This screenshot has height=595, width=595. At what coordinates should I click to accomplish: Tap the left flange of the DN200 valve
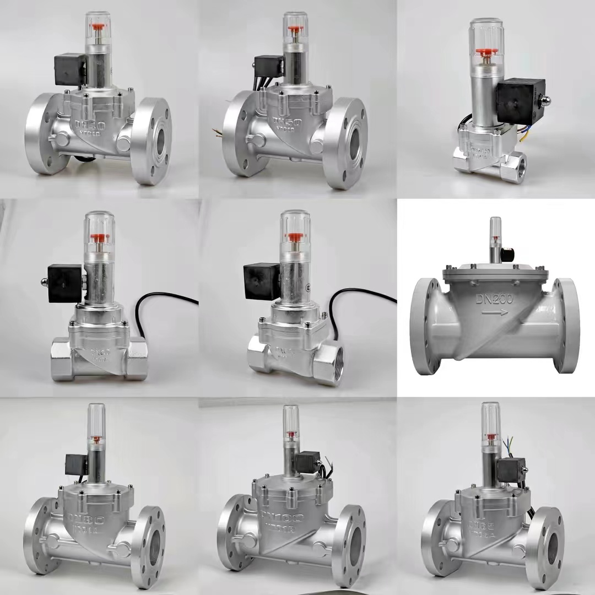pos(425,325)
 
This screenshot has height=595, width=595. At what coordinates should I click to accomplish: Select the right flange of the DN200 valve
pos(566,325)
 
